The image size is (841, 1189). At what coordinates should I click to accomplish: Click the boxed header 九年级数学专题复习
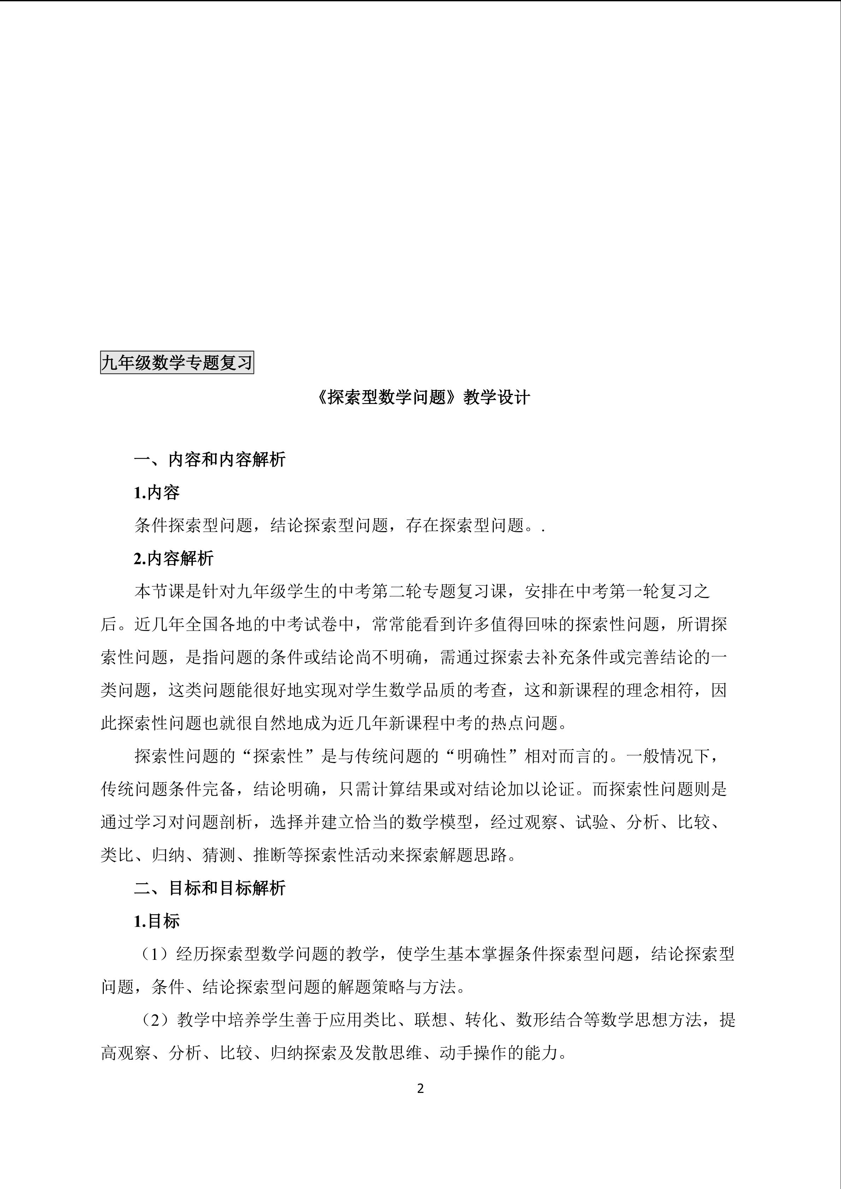177,363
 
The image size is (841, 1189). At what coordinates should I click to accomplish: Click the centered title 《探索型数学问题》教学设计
422,397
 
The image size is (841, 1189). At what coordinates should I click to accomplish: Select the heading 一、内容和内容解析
210,459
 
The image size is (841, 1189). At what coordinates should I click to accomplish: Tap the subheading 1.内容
157,492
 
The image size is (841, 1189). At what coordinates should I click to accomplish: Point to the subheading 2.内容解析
173,558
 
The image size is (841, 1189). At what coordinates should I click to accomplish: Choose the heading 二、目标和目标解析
210,888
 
